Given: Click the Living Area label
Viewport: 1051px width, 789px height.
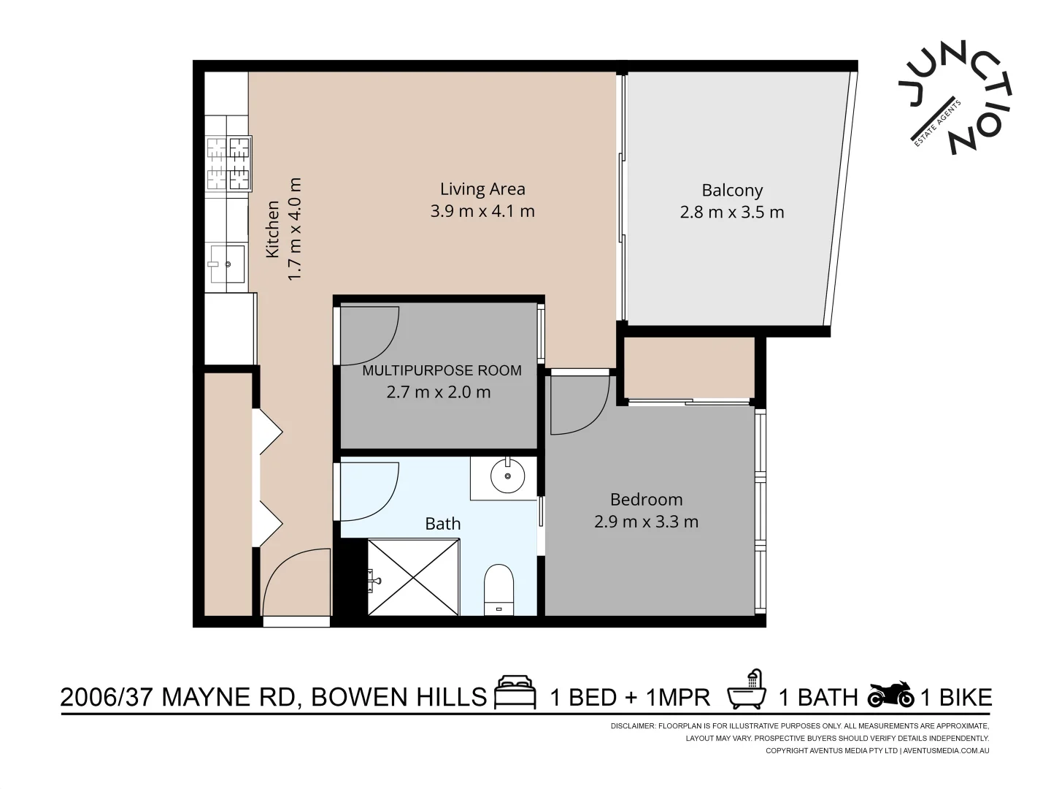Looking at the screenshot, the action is pos(482,188).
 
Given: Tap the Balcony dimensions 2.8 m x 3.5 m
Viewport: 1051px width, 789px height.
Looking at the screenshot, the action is pos(731,212).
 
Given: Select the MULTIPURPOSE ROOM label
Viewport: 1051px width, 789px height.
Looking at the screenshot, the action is pos(442,370).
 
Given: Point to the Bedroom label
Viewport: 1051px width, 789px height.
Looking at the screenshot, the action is pos(646,500).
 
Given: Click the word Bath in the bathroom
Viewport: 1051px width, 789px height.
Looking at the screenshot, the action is pos(443,524).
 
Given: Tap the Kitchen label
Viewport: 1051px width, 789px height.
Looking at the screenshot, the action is pos(272,229).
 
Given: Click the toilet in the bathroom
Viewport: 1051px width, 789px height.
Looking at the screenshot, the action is pos(498,590).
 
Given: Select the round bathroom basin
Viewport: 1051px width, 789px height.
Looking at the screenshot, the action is pos(507,476).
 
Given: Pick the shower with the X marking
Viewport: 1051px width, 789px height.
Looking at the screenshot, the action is pos(414,577).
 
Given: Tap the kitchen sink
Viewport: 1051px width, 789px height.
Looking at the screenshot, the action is pos(227,264).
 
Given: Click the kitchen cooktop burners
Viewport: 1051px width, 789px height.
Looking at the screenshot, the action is pos(228,164).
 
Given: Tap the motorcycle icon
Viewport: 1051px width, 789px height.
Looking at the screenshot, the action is pos(891,694).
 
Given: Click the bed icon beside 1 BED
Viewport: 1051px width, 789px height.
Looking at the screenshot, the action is pos(515,693).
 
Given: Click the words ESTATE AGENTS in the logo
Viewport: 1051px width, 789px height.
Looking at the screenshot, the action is pos(937,123).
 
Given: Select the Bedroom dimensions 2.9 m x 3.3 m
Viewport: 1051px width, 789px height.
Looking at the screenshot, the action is pos(646,522).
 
